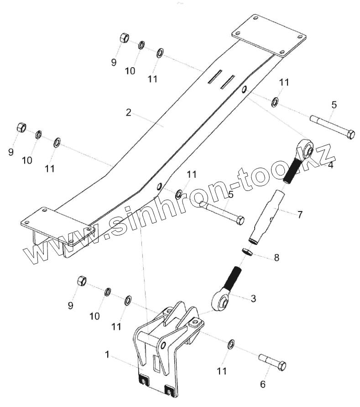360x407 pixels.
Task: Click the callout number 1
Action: tap(107, 354)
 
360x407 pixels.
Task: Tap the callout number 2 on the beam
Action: tap(129, 112)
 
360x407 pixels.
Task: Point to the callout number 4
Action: tap(330, 165)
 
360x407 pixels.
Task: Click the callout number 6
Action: tap(263, 384)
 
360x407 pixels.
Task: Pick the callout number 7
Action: tap(300, 214)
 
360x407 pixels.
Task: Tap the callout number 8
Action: tap(276, 257)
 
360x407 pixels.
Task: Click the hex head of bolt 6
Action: tap(281, 366)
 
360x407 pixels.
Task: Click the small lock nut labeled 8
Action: tap(246, 251)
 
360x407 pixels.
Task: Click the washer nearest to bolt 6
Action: tap(231, 344)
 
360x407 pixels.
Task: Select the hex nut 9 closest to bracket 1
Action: tap(82, 280)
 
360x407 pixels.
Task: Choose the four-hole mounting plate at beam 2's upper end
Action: tap(269, 35)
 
